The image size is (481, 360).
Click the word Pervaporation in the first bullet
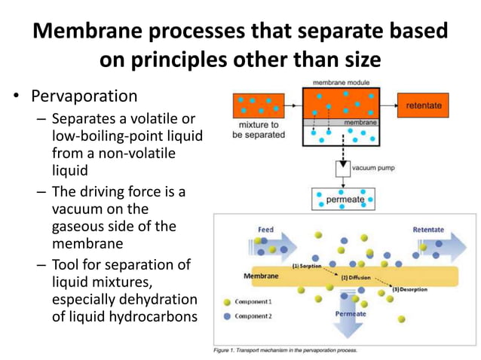(x=84, y=97)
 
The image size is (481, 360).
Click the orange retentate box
(x=423, y=106)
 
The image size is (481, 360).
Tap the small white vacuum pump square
(x=342, y=166)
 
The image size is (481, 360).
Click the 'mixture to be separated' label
(x=259, y=130)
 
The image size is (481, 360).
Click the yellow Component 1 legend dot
(x=227, y=302)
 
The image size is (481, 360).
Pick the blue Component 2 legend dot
(x=227, y=316)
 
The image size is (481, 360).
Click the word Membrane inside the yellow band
(x=260, y=276)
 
